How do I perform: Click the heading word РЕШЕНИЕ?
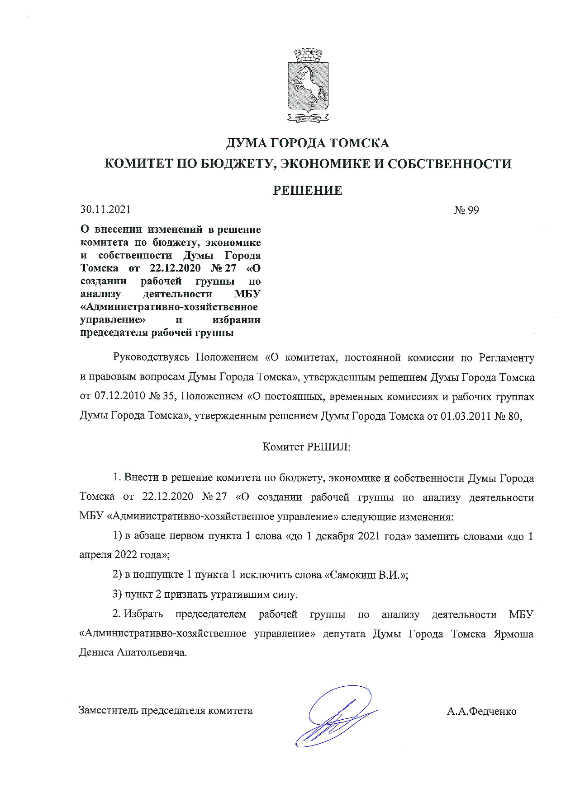pos(308,191)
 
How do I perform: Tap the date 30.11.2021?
pos(105,209)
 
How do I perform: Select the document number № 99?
pos(466,210)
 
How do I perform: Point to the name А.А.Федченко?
pos(481,711)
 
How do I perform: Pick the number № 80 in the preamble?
pos(508,416)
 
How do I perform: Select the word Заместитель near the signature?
pos(109,711)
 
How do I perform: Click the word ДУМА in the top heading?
pos(246,143)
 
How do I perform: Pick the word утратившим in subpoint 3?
pos(232,595)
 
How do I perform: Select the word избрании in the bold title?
pos(236,320)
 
